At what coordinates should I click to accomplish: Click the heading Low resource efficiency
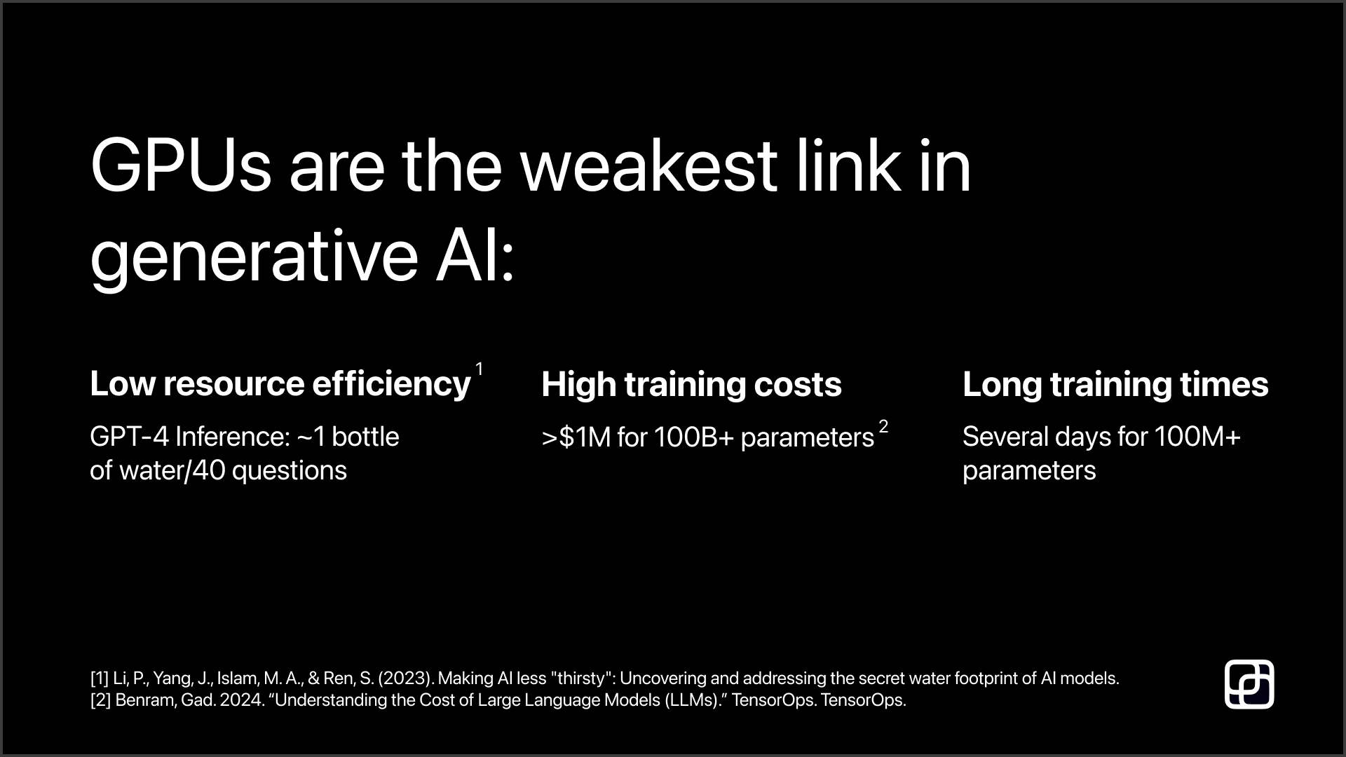click(x=280, y=384)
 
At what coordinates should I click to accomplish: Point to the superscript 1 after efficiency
click(x=480, y=369)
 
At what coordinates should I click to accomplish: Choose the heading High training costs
click(x=691, y=384)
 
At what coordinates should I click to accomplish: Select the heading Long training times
click(x=1115, y=384)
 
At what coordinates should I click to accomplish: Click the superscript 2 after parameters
click(x=883, y=426)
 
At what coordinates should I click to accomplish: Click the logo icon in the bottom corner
click(x=1249, y=684)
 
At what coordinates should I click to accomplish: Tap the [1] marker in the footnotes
click(x=100, y=678)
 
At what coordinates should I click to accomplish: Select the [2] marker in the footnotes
click(x=100, y=700)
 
